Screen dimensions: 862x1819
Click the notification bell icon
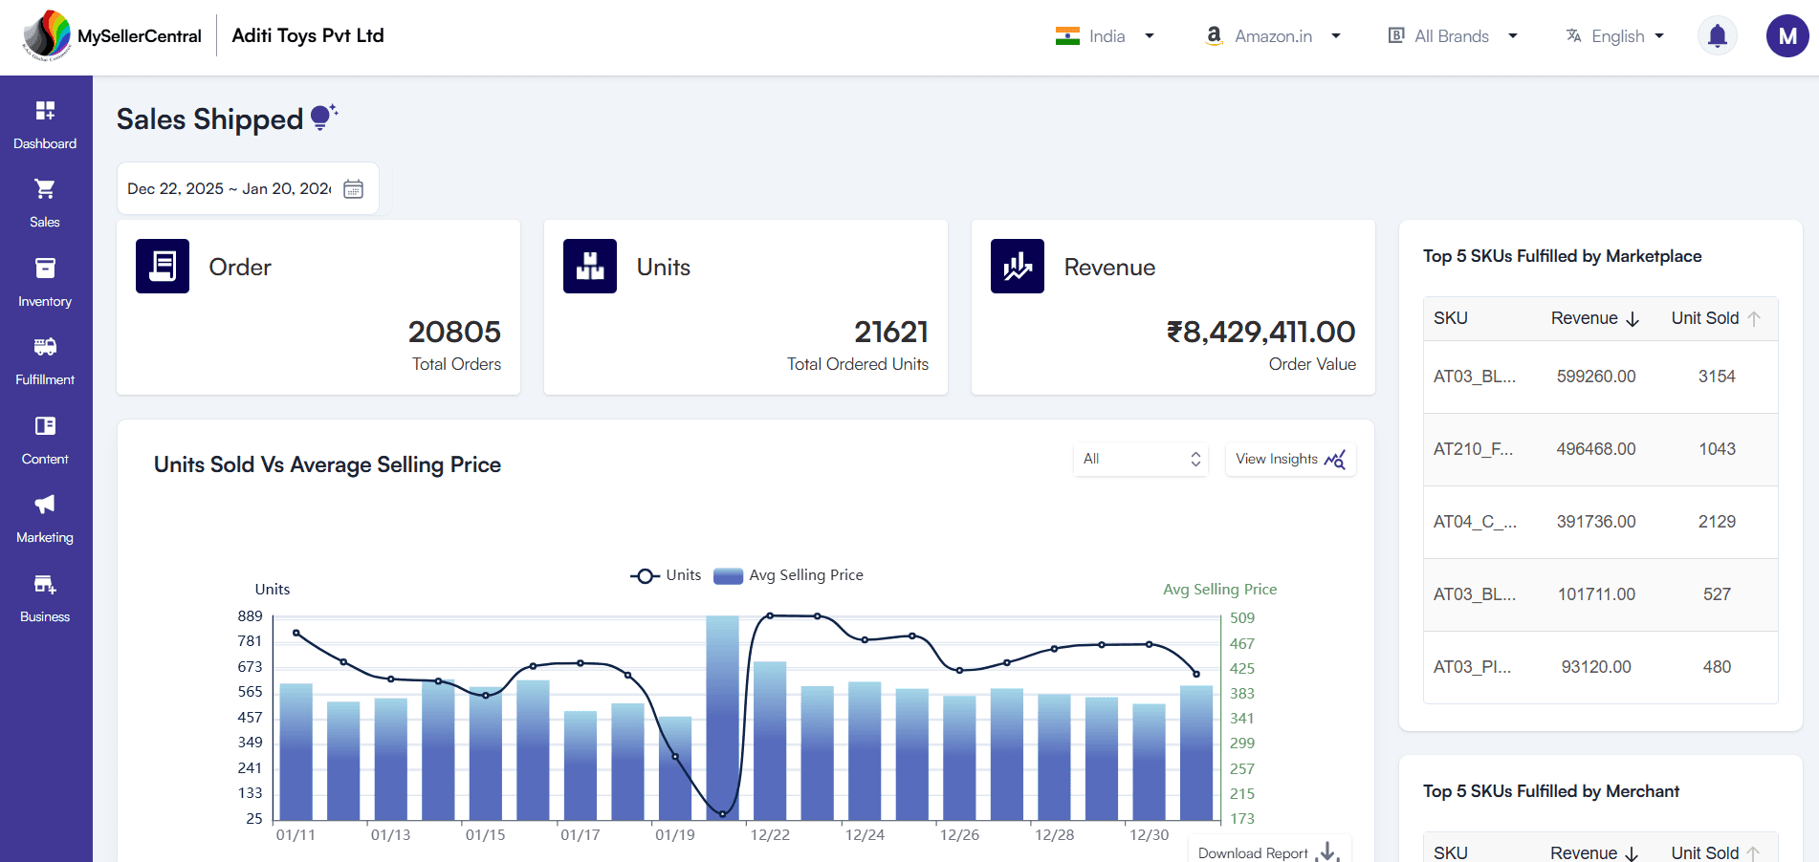[1717, 36]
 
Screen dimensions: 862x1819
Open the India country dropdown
[1105, 36]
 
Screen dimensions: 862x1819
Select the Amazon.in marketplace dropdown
[1273, 36]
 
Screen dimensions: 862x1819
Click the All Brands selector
[1452, 36]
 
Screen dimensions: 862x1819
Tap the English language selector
[1616, 36]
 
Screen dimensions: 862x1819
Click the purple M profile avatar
[1786, 36]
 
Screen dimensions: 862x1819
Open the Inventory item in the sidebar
[45, 282]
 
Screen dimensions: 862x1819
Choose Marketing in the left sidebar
[45, 518]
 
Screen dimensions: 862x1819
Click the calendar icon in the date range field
[353, 189]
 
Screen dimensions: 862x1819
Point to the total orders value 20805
[454, 332]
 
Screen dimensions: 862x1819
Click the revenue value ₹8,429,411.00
[1260, 332]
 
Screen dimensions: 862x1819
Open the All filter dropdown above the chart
[1141, 459]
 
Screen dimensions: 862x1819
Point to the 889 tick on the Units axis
[250, 616]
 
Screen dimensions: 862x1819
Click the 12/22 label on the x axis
[770, 835]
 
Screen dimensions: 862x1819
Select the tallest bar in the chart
[722, 717]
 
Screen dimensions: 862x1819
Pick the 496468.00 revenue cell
[1595, 449]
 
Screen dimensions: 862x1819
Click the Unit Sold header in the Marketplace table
[1705, 318]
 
